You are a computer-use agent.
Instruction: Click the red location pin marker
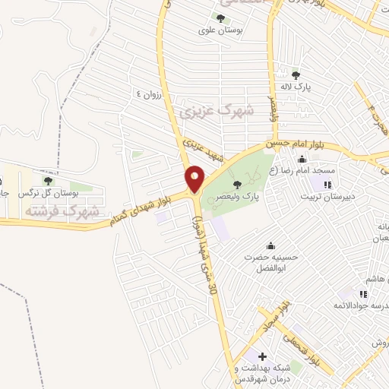click(194, 179)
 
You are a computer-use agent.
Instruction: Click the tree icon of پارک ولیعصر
click(237, 184)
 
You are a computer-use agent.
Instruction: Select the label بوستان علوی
click(220, 31)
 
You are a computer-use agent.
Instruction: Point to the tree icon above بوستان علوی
click(220, 18)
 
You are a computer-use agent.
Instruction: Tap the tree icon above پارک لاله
click(296, 74)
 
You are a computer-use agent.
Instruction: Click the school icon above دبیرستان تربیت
click(327, 184)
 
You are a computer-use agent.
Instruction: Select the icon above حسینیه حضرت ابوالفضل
click(270, 245)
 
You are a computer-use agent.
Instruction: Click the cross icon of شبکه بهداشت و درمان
click(261, 356)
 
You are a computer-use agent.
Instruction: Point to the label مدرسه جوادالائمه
click(357, 305)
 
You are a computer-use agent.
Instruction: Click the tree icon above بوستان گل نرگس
click(49, 181)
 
